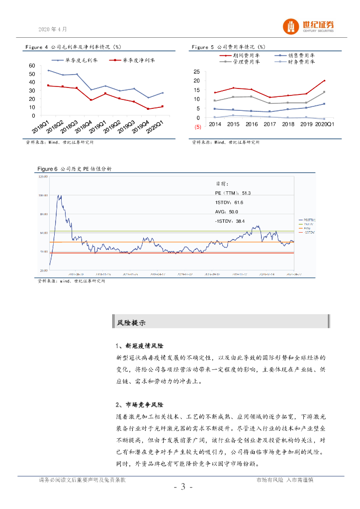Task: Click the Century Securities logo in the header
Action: coord(308,26)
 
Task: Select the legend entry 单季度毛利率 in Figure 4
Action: coord(80,60)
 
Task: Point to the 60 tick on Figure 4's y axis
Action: coord(32,66)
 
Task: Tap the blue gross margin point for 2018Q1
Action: coord(48,71)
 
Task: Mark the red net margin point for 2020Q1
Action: coord(163,106)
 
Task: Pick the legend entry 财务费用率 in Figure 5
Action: coord(300,62)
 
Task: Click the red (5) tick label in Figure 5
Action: coord(197,127)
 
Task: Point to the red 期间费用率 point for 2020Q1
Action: coord(324,81)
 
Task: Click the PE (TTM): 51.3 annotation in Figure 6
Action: coord(233,193)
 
